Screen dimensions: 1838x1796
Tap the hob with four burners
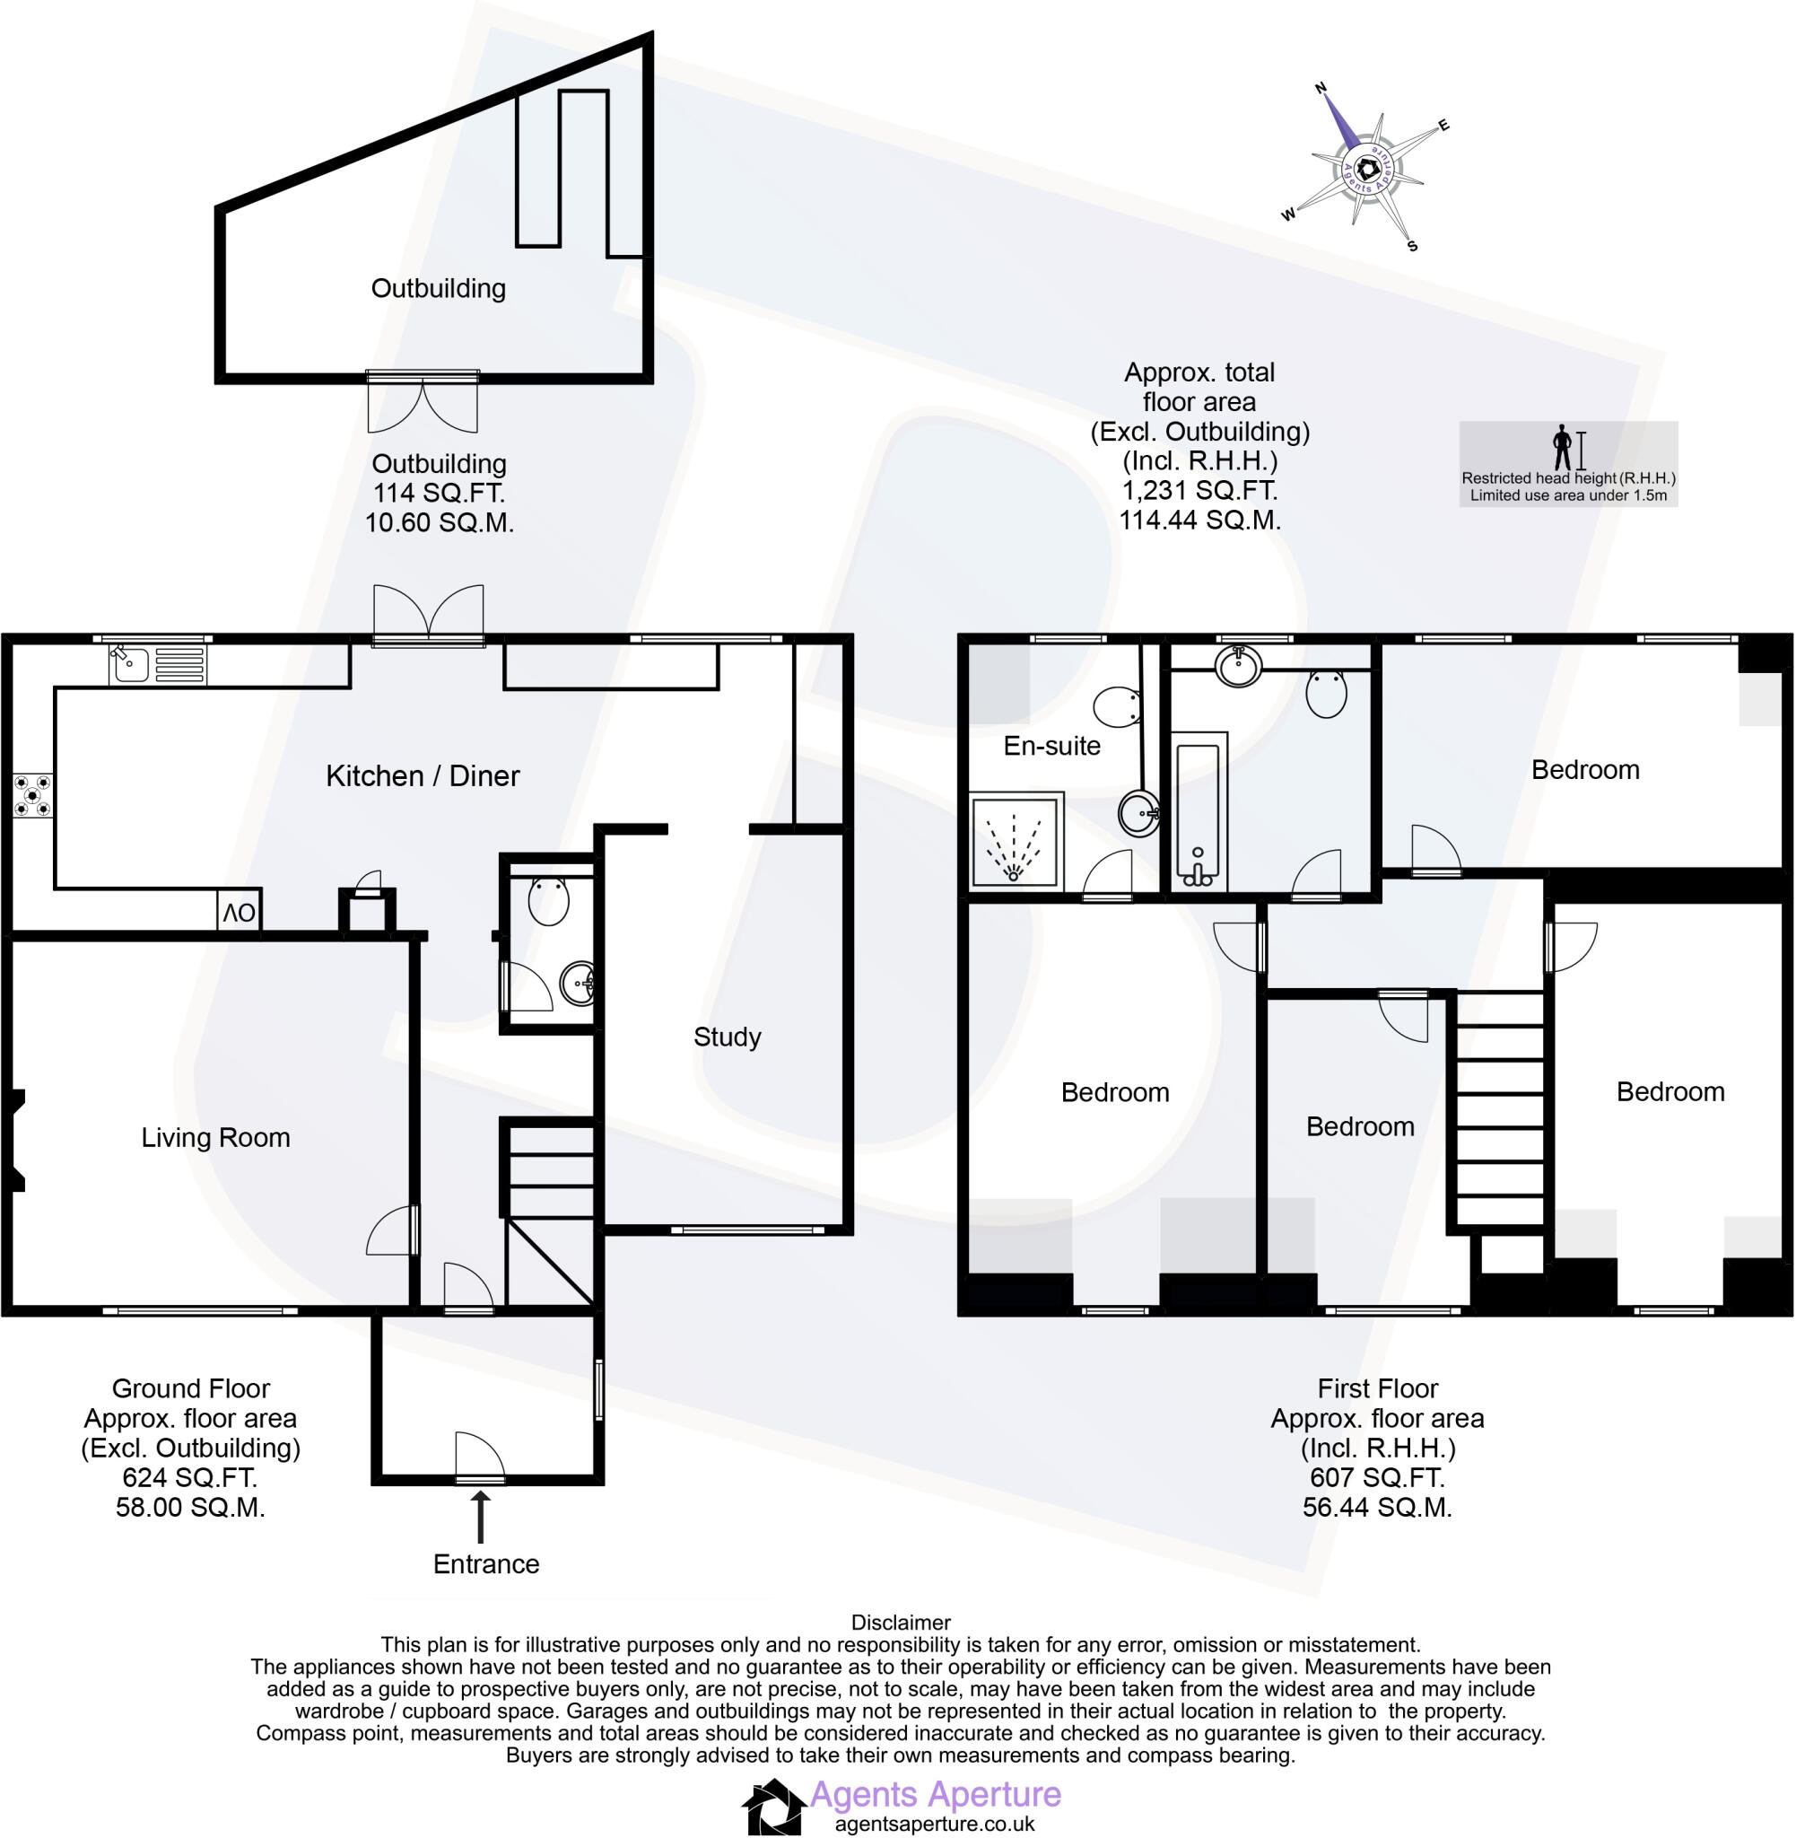coord(32,795)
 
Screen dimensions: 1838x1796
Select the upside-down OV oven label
coord(239,913)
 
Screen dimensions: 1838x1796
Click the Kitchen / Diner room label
coord(423,775)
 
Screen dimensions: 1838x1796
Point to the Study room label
coord(727,1037)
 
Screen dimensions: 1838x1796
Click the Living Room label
coord(215,1137)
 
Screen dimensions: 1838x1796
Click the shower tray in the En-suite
coord(1015,840)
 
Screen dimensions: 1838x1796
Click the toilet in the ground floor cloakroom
coord(548,899)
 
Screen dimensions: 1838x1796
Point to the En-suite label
coord(1051,746)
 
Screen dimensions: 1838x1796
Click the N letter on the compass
coord(1321,88)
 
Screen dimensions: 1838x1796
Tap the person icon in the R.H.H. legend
coord(1562,447)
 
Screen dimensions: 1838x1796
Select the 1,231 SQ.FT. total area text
coord(1199,491)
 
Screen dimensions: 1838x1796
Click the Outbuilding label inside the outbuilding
coord(438,288)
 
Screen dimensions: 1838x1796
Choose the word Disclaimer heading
coord(900,1622)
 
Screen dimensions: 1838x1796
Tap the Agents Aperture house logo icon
coord(773,1806)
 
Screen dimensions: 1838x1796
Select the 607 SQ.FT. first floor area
coord(1376,1476)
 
